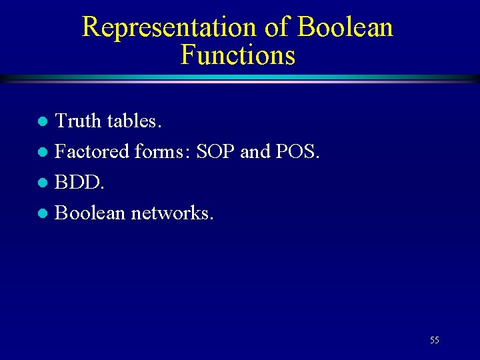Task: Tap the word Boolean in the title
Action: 345,28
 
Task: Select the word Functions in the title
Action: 237,55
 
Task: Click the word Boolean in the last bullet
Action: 90,213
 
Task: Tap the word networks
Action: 173,213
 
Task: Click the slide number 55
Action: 435,340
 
